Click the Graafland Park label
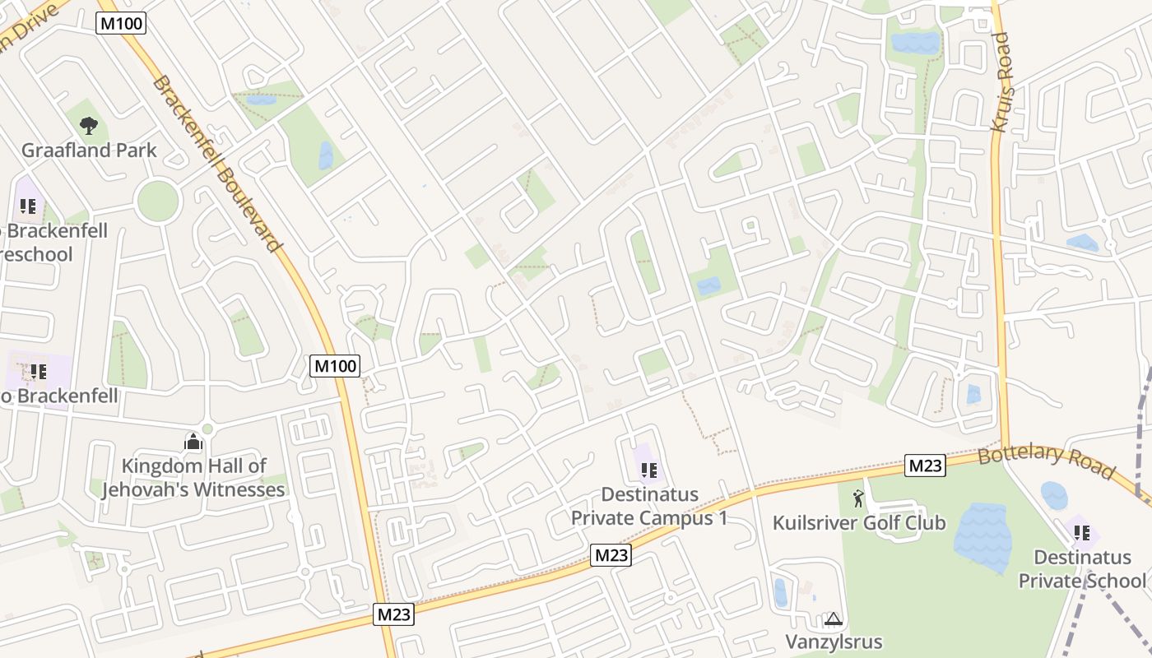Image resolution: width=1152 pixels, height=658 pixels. point(89,151)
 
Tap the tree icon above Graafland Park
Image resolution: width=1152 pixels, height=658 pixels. point(88,126)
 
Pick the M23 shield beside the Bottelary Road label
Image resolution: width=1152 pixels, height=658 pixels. point(925,466)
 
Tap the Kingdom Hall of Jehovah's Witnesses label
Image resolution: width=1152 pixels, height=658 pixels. point(193,478)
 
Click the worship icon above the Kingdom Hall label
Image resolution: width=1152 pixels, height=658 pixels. point(193,443)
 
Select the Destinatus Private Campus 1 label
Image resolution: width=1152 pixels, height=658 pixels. point(649,506)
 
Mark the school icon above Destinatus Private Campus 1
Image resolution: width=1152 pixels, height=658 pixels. point(648,470)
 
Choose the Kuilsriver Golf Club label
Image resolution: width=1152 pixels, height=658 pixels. point(858,523)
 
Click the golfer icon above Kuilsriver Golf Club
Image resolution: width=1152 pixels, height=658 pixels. point(859,498)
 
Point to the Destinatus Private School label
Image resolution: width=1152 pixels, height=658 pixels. point(1082,568)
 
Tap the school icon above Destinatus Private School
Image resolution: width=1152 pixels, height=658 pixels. point(1081,533)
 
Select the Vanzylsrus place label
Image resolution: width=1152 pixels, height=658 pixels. point(834,642)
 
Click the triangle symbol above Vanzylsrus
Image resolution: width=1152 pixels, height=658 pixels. point(834,619)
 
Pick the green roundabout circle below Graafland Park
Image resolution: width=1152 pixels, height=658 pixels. point(158,201)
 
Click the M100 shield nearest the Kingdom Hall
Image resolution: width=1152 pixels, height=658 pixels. point(336,365)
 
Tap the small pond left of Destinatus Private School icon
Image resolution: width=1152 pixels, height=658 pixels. point(1053,495)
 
